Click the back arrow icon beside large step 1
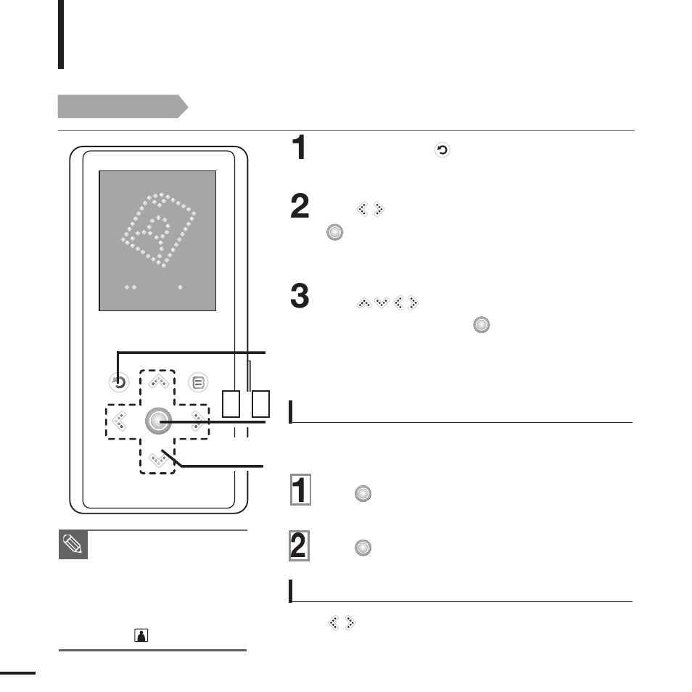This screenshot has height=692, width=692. pos(442,151)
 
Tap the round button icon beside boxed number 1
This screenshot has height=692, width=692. pos(363,494)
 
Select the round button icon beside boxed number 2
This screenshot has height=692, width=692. pos(363,549)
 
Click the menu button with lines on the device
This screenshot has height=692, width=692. pos(197,382)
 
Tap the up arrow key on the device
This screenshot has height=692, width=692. pos(157,382)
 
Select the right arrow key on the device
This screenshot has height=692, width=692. pos(197,421)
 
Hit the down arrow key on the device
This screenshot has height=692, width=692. pos(157,458)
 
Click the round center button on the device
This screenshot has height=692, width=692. pos(157,421)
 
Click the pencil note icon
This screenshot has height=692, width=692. pos(73,545)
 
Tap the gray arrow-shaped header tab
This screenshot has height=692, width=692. pos(123,107)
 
